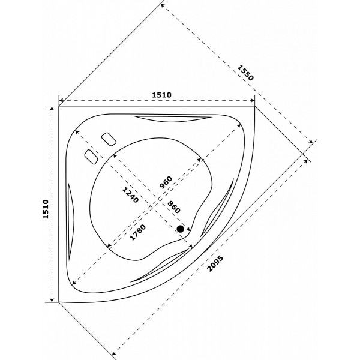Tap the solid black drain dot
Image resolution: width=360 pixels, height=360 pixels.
click(x=181, y=229)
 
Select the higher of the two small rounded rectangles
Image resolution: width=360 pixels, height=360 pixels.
click(x=109, y=139)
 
